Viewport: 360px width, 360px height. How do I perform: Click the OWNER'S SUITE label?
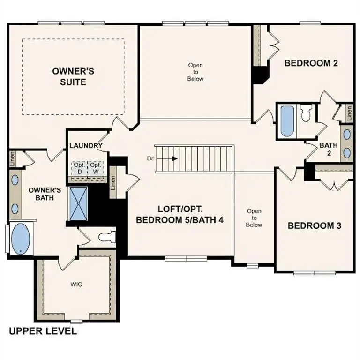tap(73, 76)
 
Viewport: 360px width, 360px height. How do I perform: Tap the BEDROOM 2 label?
tap(311, 63)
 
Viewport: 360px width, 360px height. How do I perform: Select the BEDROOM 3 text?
tap(314, 225)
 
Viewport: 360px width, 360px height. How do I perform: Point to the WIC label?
tap(76, 284)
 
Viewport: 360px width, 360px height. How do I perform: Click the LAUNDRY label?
tap(86, 145)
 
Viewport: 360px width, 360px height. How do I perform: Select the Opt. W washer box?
tap(96, 168)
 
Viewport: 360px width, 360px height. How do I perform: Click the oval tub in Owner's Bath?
tap(20, 239)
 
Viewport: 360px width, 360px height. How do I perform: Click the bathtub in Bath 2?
tap(286, 121)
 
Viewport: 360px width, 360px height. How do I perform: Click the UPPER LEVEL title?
tap(43, 331)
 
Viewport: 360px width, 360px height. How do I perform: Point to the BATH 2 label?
tap(329, 149)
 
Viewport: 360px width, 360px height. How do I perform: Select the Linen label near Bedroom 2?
tap(349, 112)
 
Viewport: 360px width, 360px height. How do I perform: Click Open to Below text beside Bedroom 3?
tap(254, 218)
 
